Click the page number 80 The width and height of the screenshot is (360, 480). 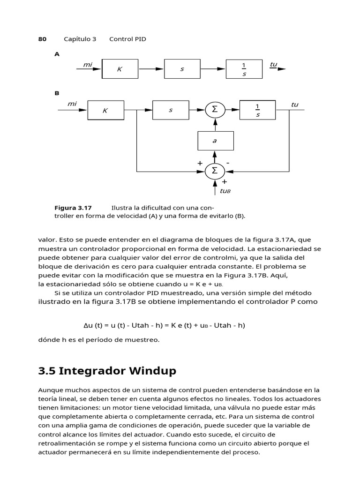coord(42,39)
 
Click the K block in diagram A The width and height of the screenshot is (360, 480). coord(120,69)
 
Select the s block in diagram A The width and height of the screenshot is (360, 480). coord(182,69)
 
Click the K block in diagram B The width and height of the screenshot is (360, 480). coord(105,111)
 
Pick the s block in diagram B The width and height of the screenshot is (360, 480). coord(171,110)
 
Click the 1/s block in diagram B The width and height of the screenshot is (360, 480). coord(258,110)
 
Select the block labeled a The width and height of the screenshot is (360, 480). coord(215,140)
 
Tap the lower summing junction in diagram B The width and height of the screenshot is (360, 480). coord(215,171)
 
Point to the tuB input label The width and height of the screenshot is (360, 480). coord(225,191)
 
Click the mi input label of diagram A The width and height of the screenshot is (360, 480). coord(87,65)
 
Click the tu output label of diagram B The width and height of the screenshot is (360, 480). coord(294,105)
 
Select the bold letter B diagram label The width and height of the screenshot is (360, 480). coord(57,93)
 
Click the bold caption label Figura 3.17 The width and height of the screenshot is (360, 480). coord(73,208)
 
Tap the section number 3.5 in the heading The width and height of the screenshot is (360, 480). coord(46,371)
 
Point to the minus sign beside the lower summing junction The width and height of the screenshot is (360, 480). coord(228,163)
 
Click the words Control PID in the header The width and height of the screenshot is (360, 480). coord(127,39)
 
